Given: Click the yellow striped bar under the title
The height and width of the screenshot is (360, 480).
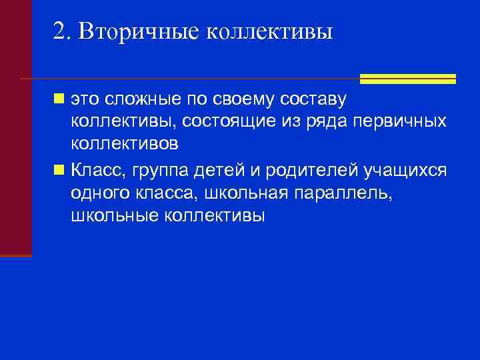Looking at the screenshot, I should (407, 79).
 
